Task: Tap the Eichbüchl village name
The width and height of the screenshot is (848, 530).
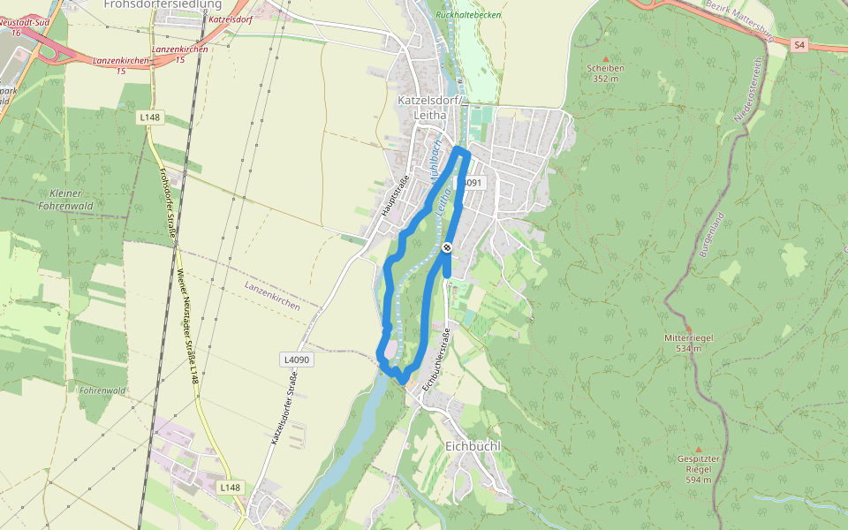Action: [x=473, y=446]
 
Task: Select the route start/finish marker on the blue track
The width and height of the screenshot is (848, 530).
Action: [x=448, y=248]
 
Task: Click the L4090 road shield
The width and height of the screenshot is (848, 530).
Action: [x=299, y=360]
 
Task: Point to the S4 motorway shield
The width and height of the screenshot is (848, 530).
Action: [x=799, y=44]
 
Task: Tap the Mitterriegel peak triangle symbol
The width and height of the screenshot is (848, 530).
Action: [x=688, y=328]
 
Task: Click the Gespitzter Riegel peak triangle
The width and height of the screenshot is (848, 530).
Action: [x=698, y=449]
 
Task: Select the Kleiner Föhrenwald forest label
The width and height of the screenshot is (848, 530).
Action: [x=66, y=200]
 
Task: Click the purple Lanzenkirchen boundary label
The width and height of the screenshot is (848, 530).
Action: [x=272, y=296]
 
